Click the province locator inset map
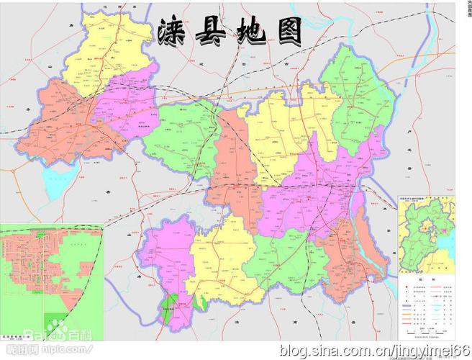point(427,230)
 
